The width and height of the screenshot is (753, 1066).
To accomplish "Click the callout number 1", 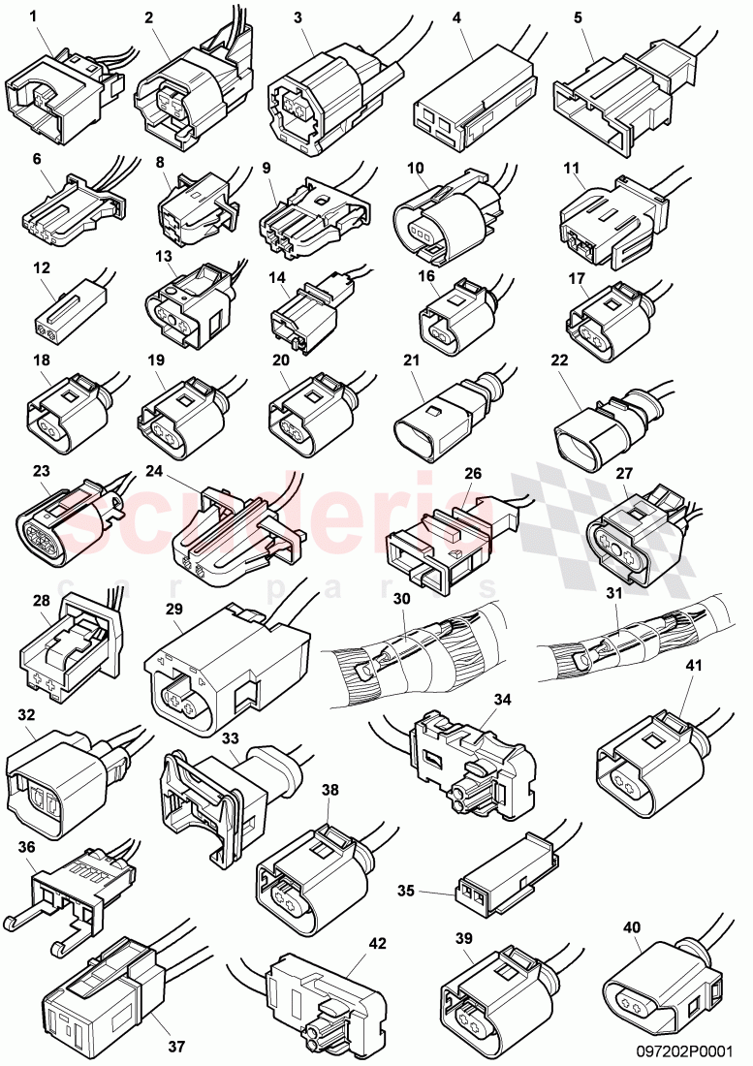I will click(36, 16).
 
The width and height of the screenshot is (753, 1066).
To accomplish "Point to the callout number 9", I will click(267, 167).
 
